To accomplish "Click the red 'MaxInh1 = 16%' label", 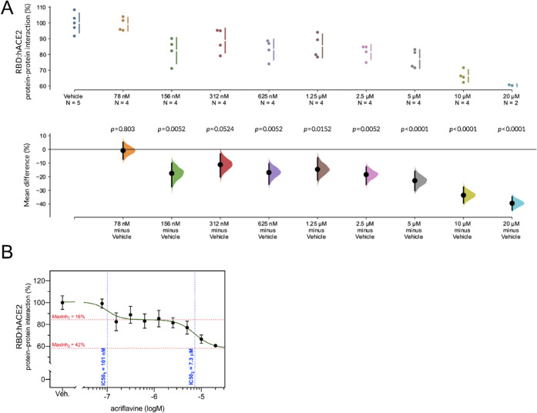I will pyautogui.click(x=72, y=316).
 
